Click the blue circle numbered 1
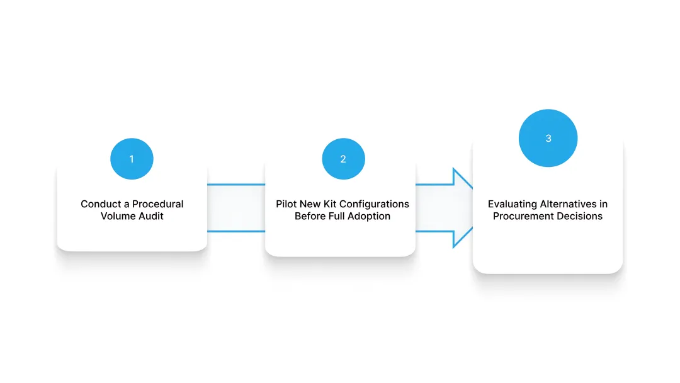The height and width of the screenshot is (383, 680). pos(132,159)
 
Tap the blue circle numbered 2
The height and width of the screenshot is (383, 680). pos(344,159)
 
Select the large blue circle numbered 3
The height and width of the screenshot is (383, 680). pos(548,138)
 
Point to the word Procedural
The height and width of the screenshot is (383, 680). pos(158,204)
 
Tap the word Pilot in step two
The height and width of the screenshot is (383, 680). pos(285,204)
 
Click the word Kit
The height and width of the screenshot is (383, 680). pos(330,204)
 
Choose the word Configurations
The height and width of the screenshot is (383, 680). pos(375,204)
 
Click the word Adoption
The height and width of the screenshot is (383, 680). pos(369,217)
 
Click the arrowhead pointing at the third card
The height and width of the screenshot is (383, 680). pos(462,208)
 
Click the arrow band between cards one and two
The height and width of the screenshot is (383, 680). pos(236,208)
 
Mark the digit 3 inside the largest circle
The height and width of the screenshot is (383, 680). pos(548,139)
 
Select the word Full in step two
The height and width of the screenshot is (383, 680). pos(336,216)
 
